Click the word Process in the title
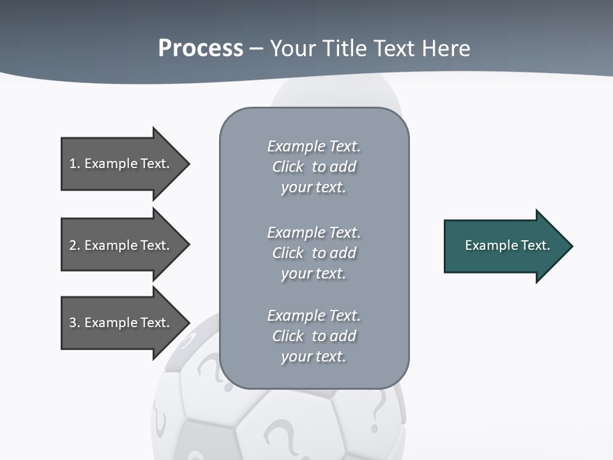tap(201, 49)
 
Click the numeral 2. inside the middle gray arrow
tap(75, 245)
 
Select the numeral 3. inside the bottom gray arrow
tap(75, 323)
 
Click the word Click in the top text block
tap(287, 167)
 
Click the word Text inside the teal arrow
tap(535, 245)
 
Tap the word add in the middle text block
tap(344, 253)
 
